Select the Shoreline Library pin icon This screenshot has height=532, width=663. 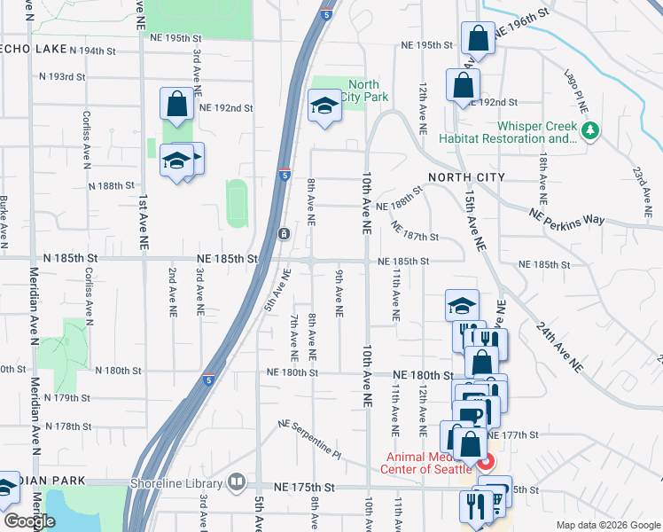(237, 482)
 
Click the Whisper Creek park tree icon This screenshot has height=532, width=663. (590, 131)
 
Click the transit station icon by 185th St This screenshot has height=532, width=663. (283, 234)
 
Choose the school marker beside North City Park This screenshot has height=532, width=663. (325, 106)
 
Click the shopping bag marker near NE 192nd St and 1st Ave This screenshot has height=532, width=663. (176, 103)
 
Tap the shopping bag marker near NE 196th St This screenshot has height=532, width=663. (478, 39)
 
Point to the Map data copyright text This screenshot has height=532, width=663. (607, 525)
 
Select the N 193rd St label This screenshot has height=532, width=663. (62, 77)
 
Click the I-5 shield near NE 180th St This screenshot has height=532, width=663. (207, 379)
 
